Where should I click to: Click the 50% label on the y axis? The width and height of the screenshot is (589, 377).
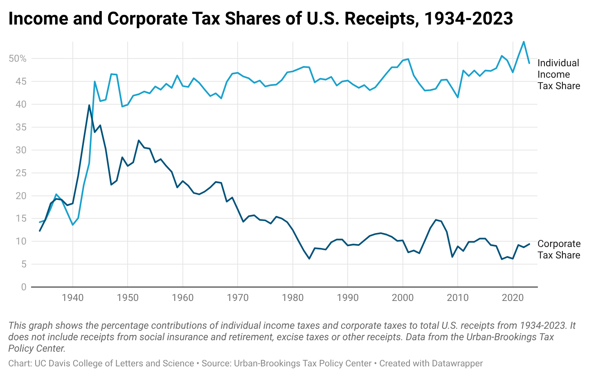pos(17,58)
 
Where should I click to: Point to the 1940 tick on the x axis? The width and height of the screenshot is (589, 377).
pos(73,298)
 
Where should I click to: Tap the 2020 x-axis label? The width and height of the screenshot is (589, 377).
pos(513,298)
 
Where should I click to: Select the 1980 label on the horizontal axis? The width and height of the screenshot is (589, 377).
pos(293,298)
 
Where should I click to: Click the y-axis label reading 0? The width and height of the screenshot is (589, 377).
pos(23,287)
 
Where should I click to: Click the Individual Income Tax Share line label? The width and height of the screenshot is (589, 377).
pos(558,74)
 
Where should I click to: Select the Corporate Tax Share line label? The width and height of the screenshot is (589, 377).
pos(558,249)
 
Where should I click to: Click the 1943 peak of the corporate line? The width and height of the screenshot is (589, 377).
pos(89,105)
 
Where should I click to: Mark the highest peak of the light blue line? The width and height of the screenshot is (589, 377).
pos(524,41)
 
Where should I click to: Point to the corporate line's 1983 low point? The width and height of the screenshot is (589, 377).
pos(309,258)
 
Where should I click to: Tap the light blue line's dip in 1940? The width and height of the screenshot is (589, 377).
pos(73,225)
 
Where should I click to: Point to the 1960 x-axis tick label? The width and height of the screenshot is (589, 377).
pos(183,298)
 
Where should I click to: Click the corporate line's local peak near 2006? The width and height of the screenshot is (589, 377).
pos(436,220)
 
